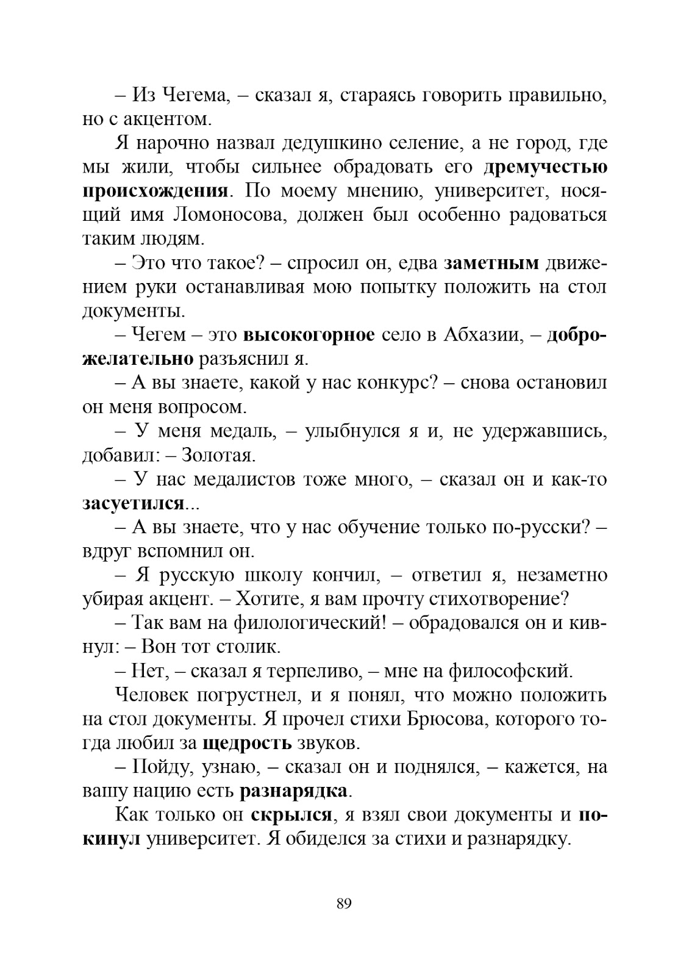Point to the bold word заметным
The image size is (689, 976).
(x=491, y=264)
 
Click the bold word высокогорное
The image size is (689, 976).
(x=309, y=335)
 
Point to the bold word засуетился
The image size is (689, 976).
(x=133, y=504)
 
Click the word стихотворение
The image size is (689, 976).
(x=495, y=599)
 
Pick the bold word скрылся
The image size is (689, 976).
(x=290, y=816)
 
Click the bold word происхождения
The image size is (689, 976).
(x=155, y=191)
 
